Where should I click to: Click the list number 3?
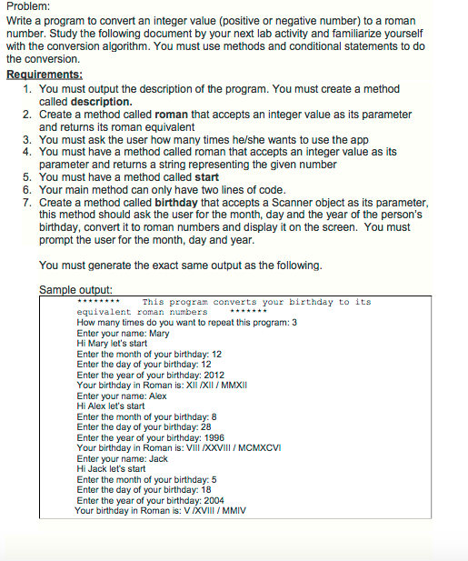(x=27, y=139)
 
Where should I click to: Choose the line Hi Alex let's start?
(x=111, y=406)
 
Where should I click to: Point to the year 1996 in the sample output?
(x=211, y=436)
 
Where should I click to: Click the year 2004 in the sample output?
(x=211, y=499)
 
